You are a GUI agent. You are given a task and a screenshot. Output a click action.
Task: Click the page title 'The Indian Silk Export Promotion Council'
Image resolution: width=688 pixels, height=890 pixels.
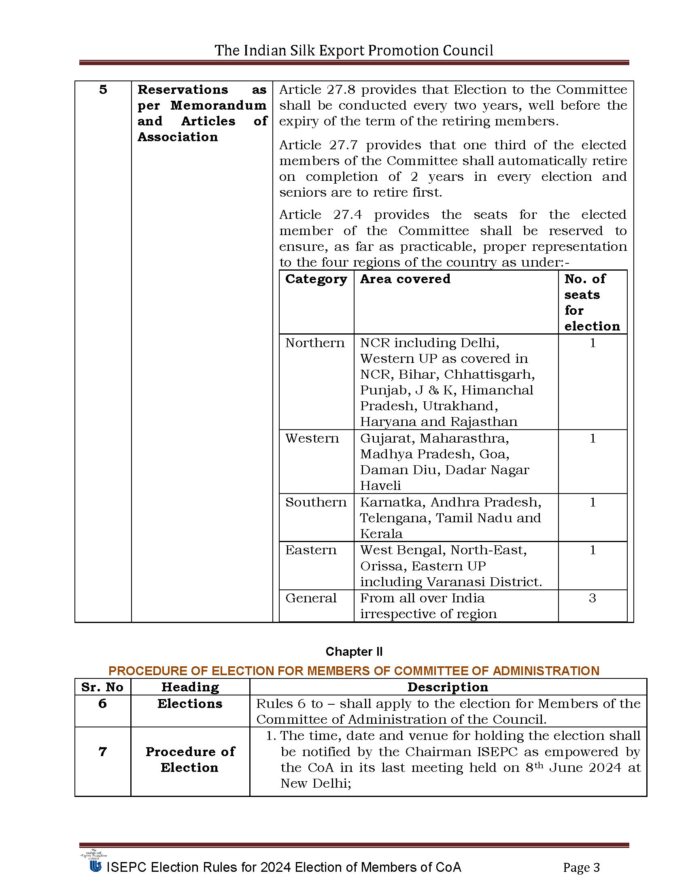pos(354,51)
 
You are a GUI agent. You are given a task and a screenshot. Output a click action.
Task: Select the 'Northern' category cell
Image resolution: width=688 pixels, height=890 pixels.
pos(314,343)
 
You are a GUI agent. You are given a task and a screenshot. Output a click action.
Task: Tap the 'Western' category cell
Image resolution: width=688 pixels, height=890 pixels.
pos(312,439)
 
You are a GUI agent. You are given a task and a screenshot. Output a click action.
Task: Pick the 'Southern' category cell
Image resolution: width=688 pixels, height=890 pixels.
pos(316,502)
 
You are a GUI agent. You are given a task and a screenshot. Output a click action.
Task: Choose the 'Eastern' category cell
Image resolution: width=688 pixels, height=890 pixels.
pos(310,550)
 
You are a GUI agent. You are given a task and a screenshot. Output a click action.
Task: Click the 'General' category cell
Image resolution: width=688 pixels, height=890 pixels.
pos(310,598)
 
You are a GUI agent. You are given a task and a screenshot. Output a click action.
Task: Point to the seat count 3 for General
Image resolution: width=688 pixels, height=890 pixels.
pos(592,598)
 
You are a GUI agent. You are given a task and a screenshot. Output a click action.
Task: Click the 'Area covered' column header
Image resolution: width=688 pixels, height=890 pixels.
pos(405,279)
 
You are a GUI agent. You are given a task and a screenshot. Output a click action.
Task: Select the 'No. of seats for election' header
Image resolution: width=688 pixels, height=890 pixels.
pos(592,302)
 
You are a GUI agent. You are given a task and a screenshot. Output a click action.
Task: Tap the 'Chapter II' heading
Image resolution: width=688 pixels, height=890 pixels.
pos(354,652)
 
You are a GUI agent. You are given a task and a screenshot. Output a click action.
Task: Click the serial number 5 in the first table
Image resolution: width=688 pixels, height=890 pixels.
pos(103,90)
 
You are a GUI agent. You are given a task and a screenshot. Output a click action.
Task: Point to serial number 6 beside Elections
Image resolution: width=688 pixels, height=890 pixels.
pos(102,704)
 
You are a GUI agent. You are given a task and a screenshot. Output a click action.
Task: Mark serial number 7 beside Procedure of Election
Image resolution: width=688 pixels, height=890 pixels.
pos(102,752)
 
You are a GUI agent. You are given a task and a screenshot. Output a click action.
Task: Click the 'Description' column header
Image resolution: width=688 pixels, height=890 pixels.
pos(448,687)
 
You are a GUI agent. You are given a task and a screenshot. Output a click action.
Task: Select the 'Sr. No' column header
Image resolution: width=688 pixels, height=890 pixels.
pos(102,687)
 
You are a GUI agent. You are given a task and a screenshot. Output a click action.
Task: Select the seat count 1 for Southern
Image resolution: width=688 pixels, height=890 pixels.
pos(592,502)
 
